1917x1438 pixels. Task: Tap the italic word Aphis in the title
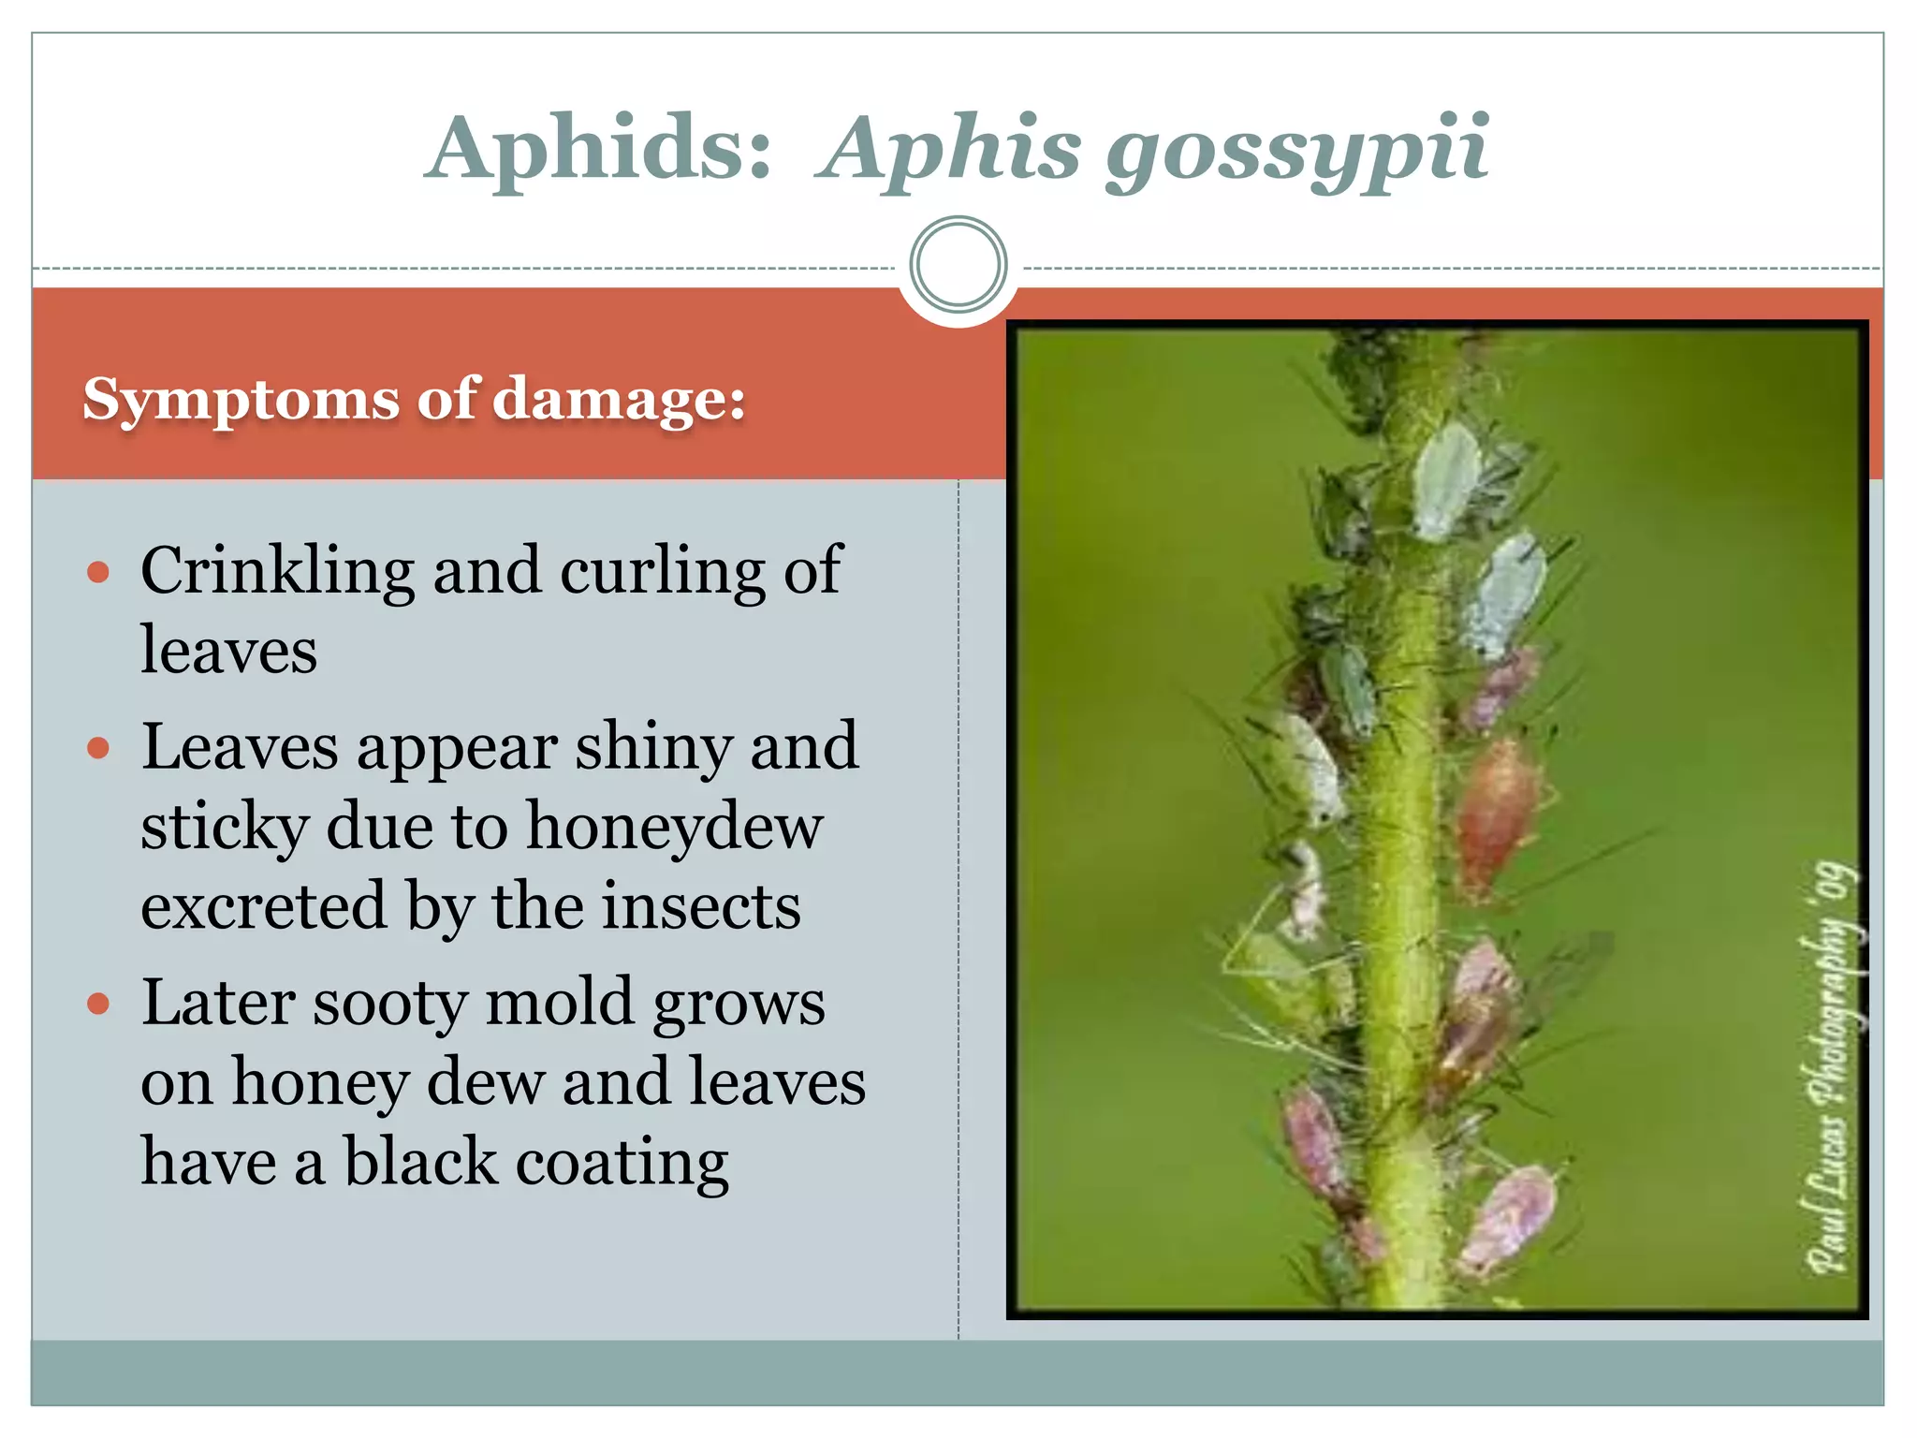pyautogui.click(x=951, y=148)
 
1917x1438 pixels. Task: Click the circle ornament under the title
pyautogui.click(x=958, y=265)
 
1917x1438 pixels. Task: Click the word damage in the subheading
pyautogui.click(x=618, y=401)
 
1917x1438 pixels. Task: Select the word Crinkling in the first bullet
pyautogui.click(x=278, y=572)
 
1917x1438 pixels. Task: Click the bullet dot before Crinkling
pyautogui.click(x=98, y=572)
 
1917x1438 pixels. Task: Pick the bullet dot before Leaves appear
pyautogui.click(x=98, y=748)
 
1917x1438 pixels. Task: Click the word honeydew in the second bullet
pyautogui.click(x=674, y=828)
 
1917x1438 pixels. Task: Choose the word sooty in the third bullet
pyautogui.click(x=388, y=1004)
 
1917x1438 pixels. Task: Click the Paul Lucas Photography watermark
pyautogui.click(x=1832, y=1067)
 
